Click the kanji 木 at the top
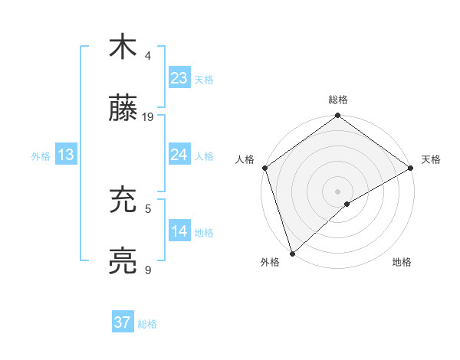123,47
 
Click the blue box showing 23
179,77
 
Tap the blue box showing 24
179,155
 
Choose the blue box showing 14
179,231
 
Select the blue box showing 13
65,155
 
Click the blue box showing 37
123,322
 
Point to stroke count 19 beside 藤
148,117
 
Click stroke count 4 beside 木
148,56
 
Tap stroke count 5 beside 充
148,208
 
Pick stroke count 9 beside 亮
148,270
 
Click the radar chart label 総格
338,100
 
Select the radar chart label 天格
431,159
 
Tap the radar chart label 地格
402,262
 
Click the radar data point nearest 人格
264,168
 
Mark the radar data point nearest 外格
292,254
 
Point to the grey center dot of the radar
338,191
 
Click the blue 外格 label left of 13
41,155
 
